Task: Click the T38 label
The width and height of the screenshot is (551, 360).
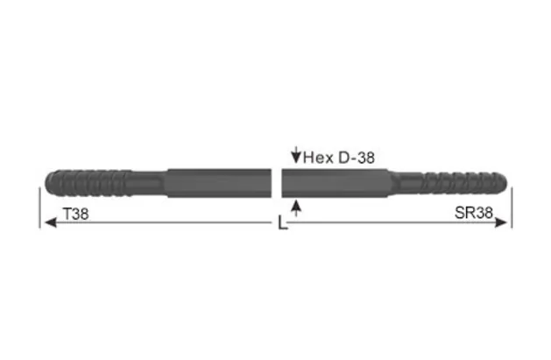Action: click(x=76, y=213)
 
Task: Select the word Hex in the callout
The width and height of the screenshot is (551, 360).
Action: click(x=316, y=158)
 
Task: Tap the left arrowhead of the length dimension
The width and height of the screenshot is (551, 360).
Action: click(x=49, y=223)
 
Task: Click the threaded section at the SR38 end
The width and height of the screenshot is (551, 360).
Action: click(x=456, y=183)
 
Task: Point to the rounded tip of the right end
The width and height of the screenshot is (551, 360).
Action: click(x=505, y=183)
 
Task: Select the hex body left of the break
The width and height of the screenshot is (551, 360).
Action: click(x=219, y=183)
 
